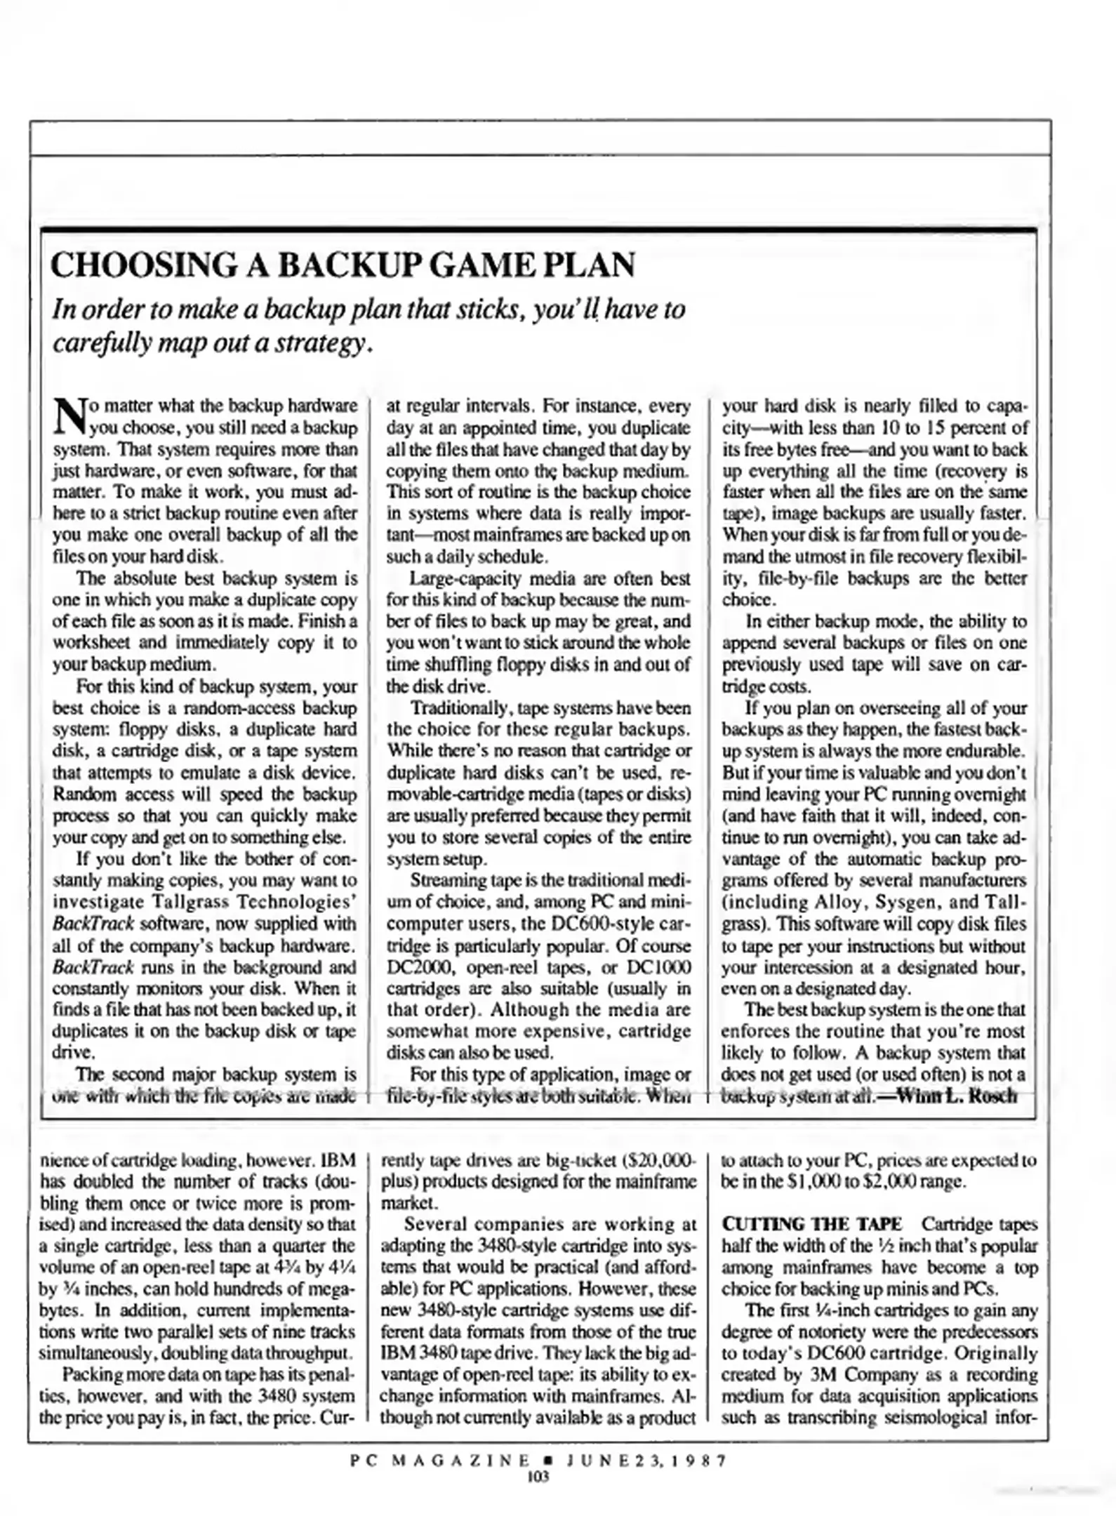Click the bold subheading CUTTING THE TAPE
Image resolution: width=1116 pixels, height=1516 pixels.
(x=811, y=1224)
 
